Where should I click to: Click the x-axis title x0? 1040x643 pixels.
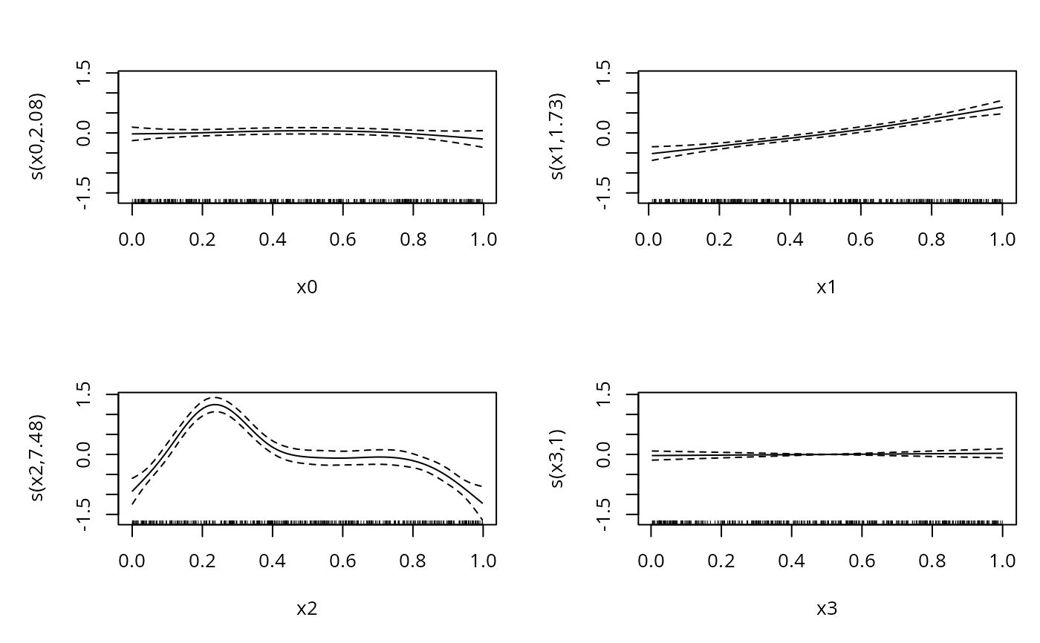tap(307, 287)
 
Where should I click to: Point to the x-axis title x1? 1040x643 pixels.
tap(827, 287)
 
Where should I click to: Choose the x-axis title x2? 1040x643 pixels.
tap(307, 609)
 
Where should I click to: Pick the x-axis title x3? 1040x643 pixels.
tap(827, 609)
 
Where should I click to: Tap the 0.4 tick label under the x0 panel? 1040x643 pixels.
tap(273, 239)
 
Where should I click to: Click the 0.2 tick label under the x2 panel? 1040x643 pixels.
tap(202, 561)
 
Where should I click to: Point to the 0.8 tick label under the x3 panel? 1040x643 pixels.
tap(932, 561)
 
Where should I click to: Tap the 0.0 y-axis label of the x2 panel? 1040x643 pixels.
tap(83, 454)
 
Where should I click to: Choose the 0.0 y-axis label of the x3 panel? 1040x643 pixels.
tap(603, 454)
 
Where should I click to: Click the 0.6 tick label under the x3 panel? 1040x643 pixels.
tap(862, 561)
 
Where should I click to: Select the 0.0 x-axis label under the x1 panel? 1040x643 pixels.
tap(651, 239)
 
